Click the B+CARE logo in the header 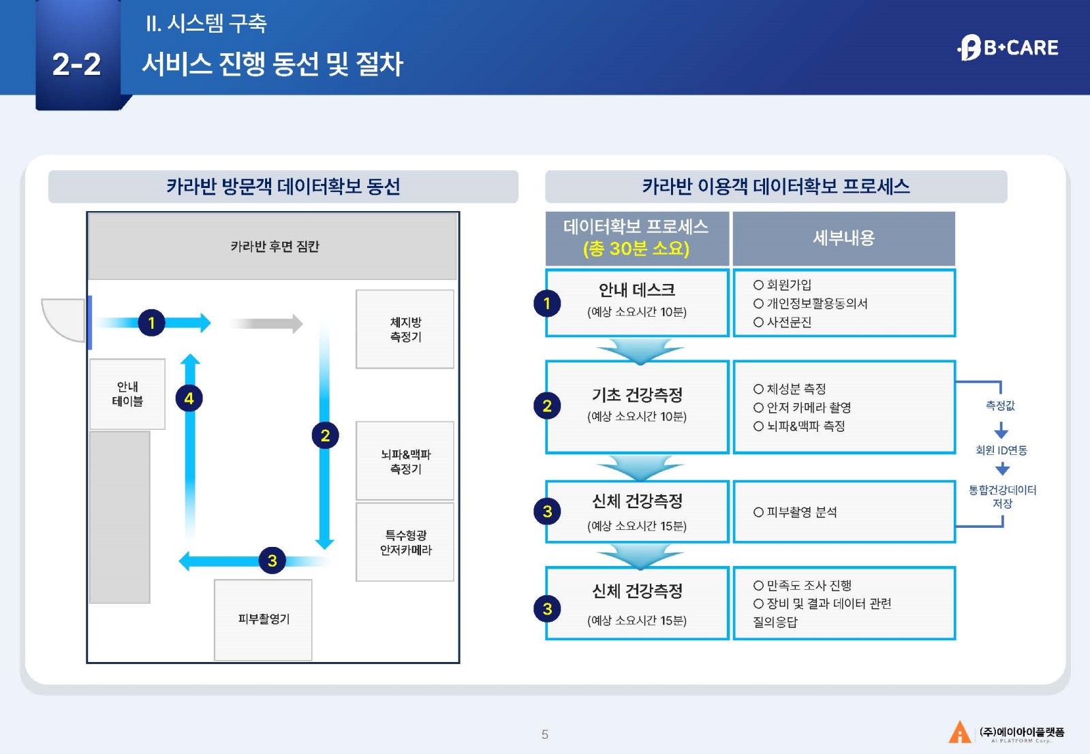pos(1008,48)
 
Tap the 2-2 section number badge pos(76,64)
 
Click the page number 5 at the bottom pos(544,734)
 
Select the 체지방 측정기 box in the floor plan pos(405,330)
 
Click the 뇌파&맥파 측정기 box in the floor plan pos(405,461)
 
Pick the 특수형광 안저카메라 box pos(405,542)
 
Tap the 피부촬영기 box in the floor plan pos(263,619)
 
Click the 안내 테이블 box pos(127,394)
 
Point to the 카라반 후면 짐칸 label pos(274,246)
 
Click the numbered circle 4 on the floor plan pos(189,398)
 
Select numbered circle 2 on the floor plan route pos(325,435)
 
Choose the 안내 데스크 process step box pos(637,302)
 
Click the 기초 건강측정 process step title pos(637,395)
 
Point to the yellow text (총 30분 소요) pos(636,249)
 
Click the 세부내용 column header pos(843,238)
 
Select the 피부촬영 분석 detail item pos(795,512)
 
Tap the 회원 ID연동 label pos(1001,450)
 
